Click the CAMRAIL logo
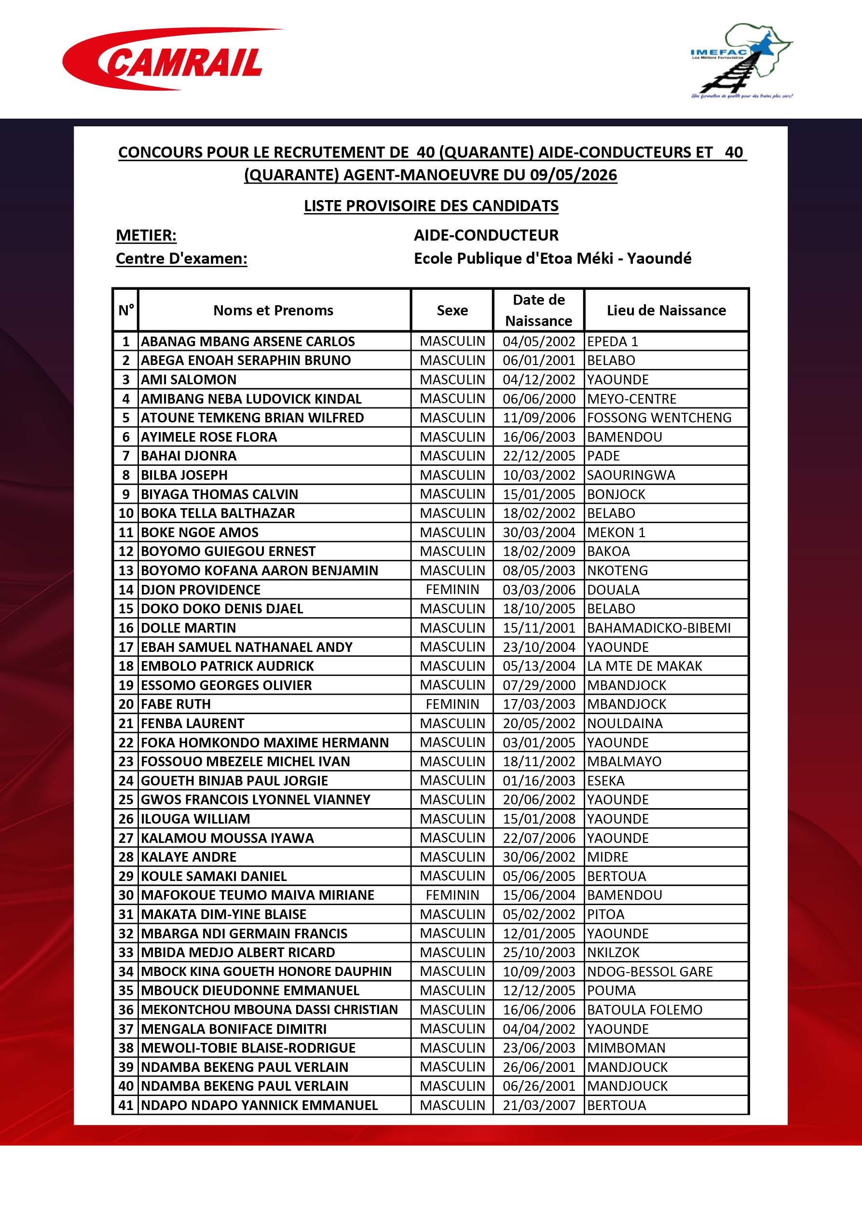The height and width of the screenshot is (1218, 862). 173,60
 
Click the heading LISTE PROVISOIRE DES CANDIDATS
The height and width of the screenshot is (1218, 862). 431,206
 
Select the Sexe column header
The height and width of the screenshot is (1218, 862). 452,311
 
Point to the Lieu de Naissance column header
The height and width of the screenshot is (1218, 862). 666,311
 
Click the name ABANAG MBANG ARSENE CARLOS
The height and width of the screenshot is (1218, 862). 248,341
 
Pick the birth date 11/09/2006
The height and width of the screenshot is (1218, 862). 539,418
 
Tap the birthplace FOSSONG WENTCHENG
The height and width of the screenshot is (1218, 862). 659,418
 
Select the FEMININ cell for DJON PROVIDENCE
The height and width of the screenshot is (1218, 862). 452,589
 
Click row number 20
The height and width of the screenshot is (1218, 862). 126,704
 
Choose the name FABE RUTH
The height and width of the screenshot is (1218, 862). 176,704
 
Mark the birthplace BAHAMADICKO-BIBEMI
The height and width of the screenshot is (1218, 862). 659,628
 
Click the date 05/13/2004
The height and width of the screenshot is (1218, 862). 539,666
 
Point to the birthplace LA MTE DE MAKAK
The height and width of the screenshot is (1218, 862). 644,666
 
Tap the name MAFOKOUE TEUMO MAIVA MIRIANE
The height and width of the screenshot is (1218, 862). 258,895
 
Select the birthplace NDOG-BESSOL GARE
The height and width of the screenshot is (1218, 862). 650,971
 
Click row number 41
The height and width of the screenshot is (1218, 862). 126,1105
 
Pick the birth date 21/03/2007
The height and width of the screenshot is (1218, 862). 539,1105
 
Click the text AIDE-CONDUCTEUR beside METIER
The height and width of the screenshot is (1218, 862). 486,235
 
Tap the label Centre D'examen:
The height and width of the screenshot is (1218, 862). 181,258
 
